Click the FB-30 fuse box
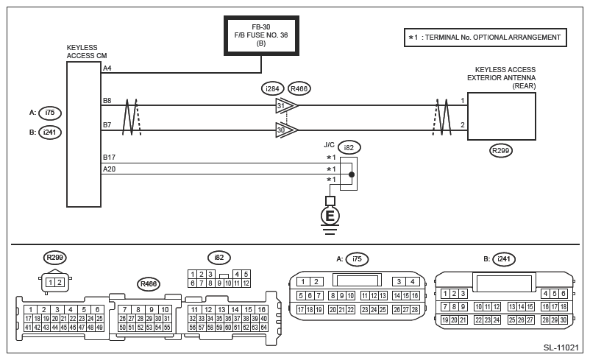coord(261,36)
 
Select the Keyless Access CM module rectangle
coord(84,135)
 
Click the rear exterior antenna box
coord(502,116)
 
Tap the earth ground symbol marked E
coord(330,216)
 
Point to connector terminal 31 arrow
coord(287,105)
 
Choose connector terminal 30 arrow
coord(287,130)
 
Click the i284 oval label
coord(272,89)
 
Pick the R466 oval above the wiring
coord(299,89)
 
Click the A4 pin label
coord(107,68)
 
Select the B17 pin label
coord(109,157)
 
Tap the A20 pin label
coord(109,169)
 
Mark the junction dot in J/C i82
coord(352,174)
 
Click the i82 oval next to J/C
coord(349,148)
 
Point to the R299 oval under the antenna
coord(501,151)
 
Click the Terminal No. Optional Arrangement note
coord(486,38)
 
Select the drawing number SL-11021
coord(561,347)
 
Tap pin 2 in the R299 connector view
coord(60,282)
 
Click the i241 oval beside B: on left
coord(50,133)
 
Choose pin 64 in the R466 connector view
coord(263,327)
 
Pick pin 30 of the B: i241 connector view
coord(564,320)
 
